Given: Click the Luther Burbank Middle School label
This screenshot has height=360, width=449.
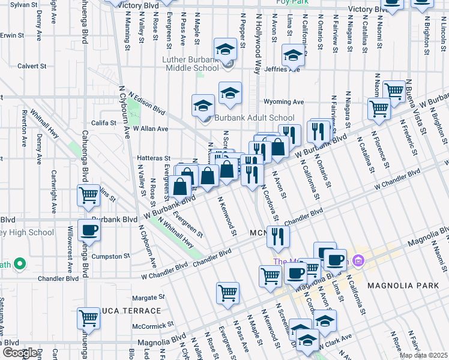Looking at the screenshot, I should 190,64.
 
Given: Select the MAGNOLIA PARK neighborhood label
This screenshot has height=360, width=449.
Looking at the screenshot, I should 403,286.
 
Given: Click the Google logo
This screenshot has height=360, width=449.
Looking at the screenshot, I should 20,353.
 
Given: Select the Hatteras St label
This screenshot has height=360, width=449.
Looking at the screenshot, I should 155,159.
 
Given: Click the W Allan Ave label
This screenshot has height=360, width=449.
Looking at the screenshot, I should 150,128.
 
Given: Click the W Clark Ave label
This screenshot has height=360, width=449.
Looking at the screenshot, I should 335,346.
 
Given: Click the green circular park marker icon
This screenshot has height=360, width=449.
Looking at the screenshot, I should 19,263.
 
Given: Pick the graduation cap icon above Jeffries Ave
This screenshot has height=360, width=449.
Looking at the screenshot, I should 292,56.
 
